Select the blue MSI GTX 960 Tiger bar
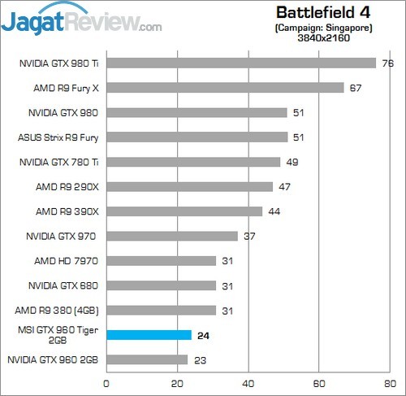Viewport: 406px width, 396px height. [149, 335]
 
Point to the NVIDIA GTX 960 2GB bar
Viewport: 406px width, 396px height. [147, 359]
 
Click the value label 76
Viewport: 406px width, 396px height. [387, 63]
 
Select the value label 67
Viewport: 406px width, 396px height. [356, 88]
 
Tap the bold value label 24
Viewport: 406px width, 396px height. [203, 335]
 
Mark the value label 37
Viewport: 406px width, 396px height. [248, 236]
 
